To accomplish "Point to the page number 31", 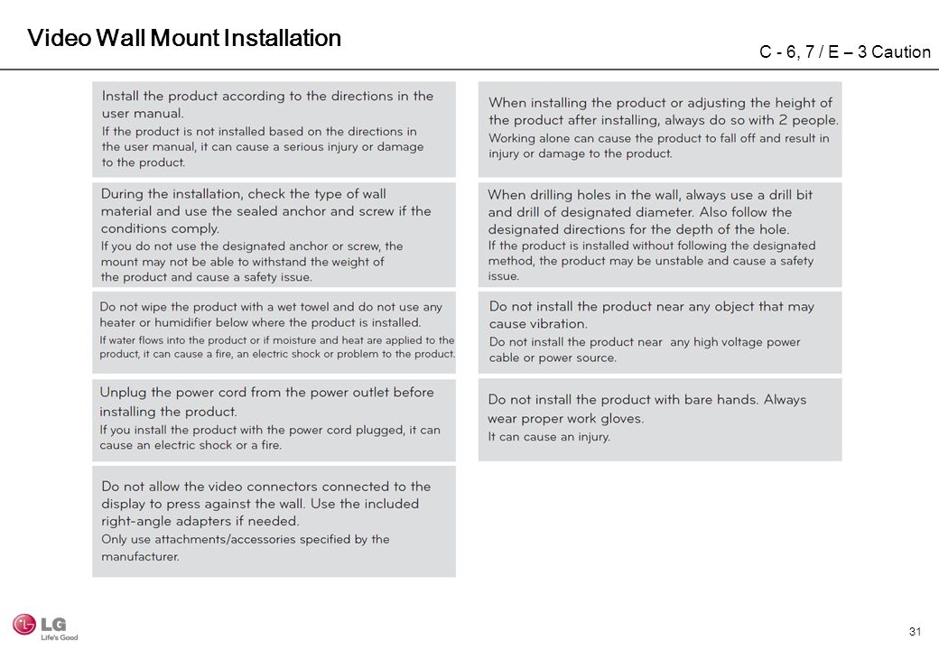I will pyautogui.click(x=915, y=630).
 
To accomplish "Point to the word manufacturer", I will pyautogui.click(x=140, y=556).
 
